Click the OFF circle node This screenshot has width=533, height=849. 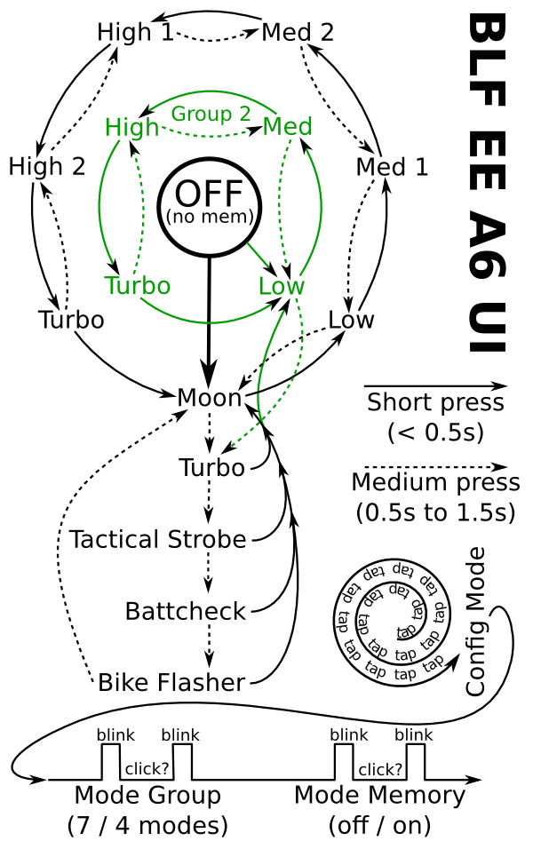[209, 206]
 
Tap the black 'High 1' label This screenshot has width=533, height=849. [136, 33]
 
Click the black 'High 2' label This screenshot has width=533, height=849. [47, 166]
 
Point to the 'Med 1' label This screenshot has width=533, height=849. [392, 167]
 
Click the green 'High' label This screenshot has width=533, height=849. [131, 127]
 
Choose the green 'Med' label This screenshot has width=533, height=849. [288, 127]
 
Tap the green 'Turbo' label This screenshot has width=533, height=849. [137, 286]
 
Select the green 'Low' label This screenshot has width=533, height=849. [281, 287]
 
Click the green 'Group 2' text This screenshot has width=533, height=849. [211, 114]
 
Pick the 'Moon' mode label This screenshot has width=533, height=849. [210, 398]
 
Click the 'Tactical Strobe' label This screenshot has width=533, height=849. [157, 539]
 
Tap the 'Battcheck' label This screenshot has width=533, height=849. [185, 611]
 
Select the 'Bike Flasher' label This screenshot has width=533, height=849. [171, 682]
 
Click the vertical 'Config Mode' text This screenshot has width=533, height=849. [476, 621]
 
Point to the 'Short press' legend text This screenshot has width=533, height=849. [435, 402]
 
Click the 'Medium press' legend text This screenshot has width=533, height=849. [435, 482]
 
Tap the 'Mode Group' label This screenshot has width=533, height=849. [147, 795]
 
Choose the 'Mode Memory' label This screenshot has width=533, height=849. [379, 795]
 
